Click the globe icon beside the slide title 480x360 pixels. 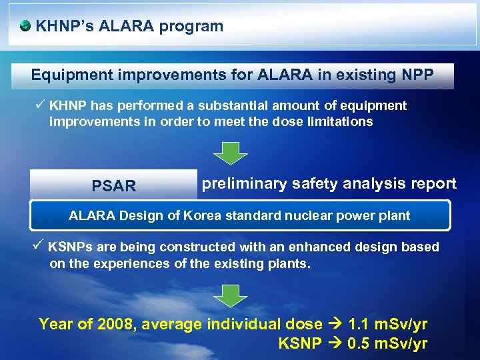point(25,27)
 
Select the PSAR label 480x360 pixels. point(114,186)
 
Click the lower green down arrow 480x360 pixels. point(230,294)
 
